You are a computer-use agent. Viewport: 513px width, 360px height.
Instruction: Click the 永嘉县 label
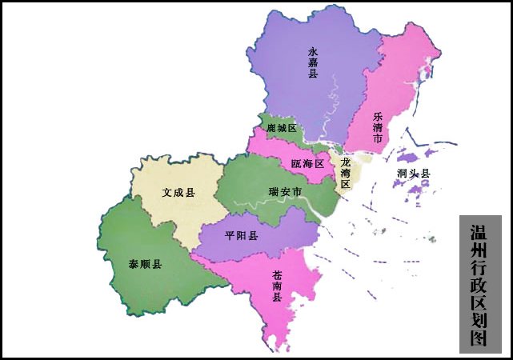tap(313, 62)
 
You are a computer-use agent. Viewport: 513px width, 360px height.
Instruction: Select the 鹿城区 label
tap(282, 129)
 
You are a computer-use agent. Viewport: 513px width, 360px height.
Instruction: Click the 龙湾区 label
tap(346, 173)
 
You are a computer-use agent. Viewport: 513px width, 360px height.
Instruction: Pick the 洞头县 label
tap(413, 174)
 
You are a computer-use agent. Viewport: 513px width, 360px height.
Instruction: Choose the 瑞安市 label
tap(285, 192)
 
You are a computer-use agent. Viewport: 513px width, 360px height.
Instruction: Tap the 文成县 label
tap(178, 193)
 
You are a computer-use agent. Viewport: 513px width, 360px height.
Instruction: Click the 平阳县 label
tap(241, 236)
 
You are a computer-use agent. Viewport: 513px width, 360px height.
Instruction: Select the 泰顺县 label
tap(146, 264)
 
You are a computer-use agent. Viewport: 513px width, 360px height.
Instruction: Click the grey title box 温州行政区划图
tap(480, 284)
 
